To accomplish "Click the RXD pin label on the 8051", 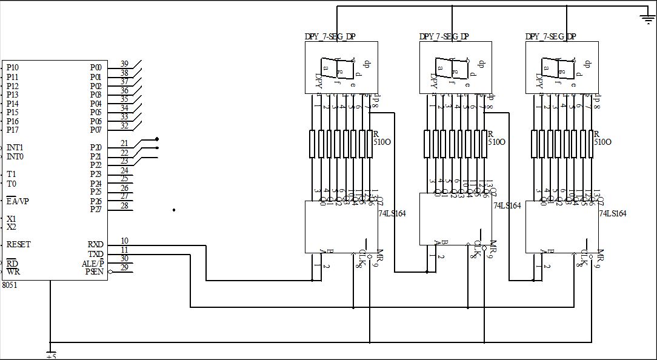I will [x=96, y=245].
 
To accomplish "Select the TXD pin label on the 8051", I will [x=96, y=254].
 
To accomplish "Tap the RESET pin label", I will [x=18, y=245].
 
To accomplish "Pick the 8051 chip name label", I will [x=10, y=284].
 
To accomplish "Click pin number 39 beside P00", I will [x=124, y=64].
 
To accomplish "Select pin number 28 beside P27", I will [x=124, y=206].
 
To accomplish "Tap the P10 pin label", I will [x=12, y=68].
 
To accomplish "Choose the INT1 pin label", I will [x=15, y=148].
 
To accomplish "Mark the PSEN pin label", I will [x=95, y=272].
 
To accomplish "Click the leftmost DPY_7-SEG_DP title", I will [x=330, y=36].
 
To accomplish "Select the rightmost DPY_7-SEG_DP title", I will [x=550, y=36].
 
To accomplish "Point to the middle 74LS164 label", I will [x=507, y=206].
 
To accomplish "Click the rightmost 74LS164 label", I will [x=613, y=214].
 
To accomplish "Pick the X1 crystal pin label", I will [x=12, y=219].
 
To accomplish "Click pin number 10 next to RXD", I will [x=124, y=241].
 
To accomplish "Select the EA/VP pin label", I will [x=18, y=201].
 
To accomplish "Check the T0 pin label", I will [x=12, y=184].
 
